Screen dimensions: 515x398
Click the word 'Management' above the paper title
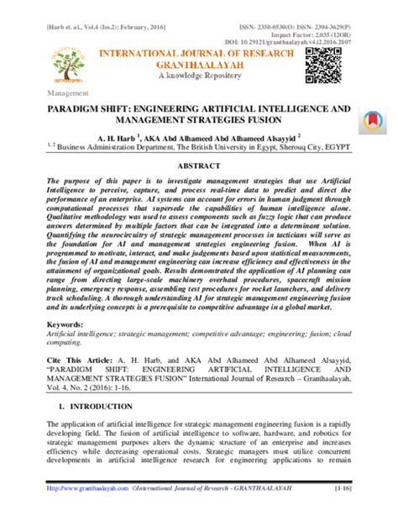(70, 94)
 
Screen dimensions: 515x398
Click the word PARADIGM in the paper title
(81, 110)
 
